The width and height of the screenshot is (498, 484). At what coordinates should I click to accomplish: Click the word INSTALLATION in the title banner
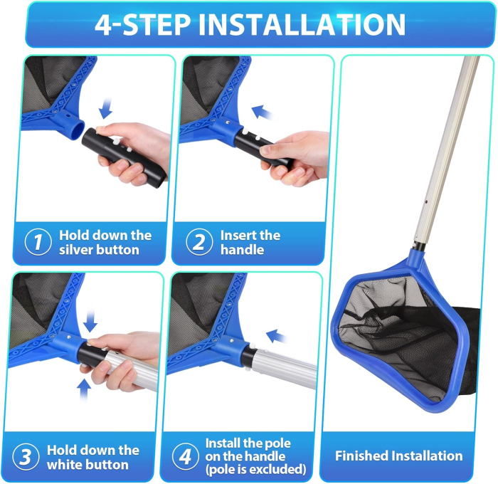302,24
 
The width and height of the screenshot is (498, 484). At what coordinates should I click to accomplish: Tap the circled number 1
38,242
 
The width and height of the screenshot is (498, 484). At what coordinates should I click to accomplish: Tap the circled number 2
199,242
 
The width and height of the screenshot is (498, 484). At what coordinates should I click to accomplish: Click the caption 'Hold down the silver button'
105,242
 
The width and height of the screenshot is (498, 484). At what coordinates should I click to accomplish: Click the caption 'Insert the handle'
250,242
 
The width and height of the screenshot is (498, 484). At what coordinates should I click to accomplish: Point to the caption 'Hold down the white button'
92,457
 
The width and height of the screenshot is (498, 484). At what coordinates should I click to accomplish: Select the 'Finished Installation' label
398,456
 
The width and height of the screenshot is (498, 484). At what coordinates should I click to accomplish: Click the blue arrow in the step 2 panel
263,112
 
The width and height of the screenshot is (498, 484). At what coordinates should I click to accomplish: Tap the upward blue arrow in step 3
85,388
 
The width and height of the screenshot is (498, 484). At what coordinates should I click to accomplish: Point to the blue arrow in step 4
277,335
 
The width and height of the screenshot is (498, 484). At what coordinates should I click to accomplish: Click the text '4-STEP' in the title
142,24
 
